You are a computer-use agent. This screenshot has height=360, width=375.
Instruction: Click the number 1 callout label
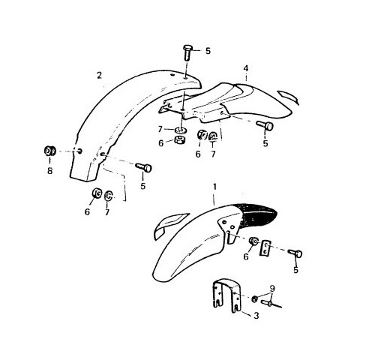pos(214,187)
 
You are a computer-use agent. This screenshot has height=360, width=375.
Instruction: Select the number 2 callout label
pos(100,75)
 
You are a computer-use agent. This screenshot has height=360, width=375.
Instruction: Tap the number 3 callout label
pos(256,316)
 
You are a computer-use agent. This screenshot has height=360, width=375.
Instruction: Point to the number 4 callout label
pos(246,68)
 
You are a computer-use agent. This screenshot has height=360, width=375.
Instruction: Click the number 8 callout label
pos(50,171)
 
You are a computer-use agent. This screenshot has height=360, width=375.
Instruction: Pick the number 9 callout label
pos(272,289)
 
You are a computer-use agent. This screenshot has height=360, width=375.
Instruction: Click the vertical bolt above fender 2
pos(187,52)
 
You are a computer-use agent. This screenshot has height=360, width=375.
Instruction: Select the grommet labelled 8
pos(49,151)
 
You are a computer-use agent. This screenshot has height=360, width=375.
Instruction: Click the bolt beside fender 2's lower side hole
pos(143,167)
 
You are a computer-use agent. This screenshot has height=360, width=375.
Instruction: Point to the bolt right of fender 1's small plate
pos(295,253)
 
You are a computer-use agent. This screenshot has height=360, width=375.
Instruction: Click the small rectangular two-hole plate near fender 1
pos(265,248)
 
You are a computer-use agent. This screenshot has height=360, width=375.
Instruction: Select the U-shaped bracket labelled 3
pos(226,295)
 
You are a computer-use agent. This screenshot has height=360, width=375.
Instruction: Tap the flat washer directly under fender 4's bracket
pos(180,130)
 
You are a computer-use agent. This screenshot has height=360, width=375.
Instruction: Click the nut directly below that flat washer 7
pos(179,139)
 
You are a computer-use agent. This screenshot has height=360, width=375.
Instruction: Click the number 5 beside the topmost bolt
pos(208,51)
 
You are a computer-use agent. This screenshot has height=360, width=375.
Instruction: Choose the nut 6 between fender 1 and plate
pos(253,241)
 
